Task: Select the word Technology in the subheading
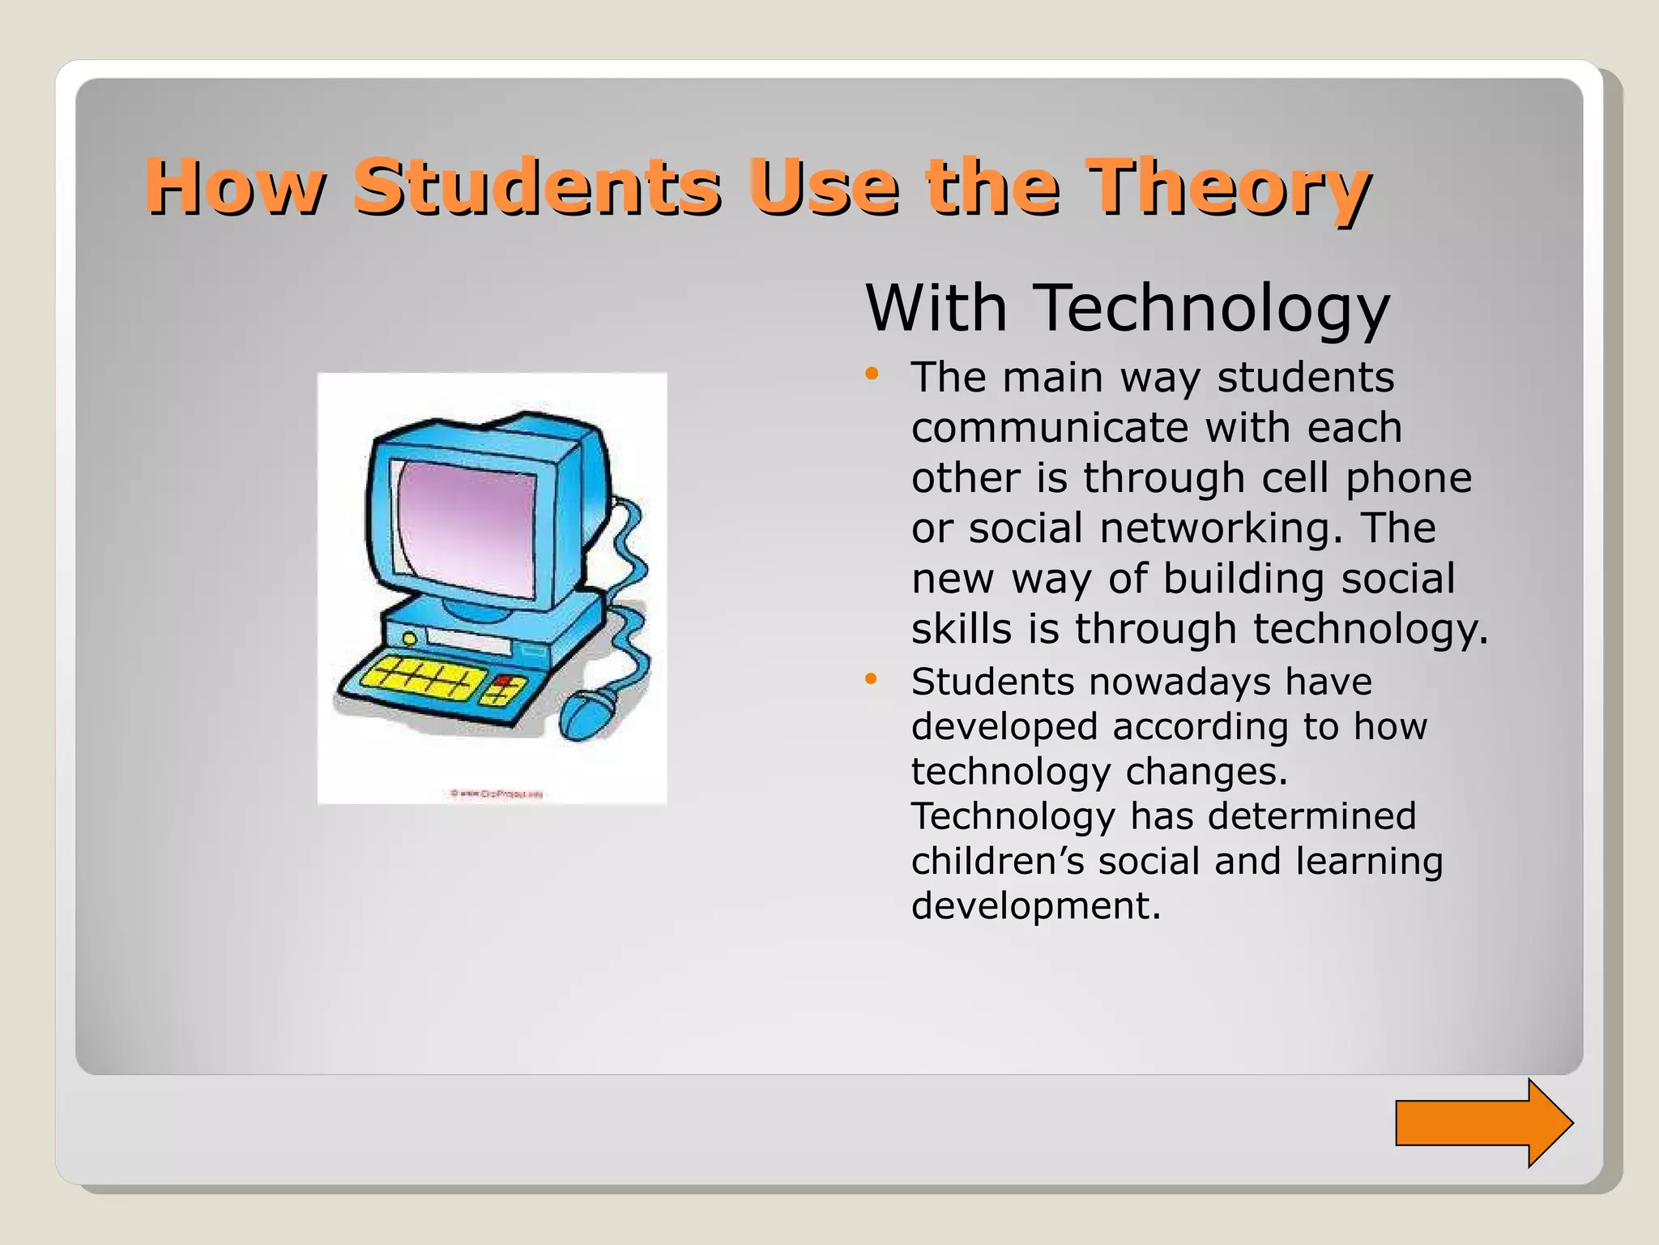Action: [1213, 309]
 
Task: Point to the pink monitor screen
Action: [467, 527]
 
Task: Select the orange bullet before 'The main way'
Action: [872, 374]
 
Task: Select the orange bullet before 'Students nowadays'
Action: [872, 678]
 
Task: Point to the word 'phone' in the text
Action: [1408, 477]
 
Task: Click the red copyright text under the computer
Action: [497, 794]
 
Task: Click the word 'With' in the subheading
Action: [936, 309]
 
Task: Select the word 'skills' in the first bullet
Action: [962, 628]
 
